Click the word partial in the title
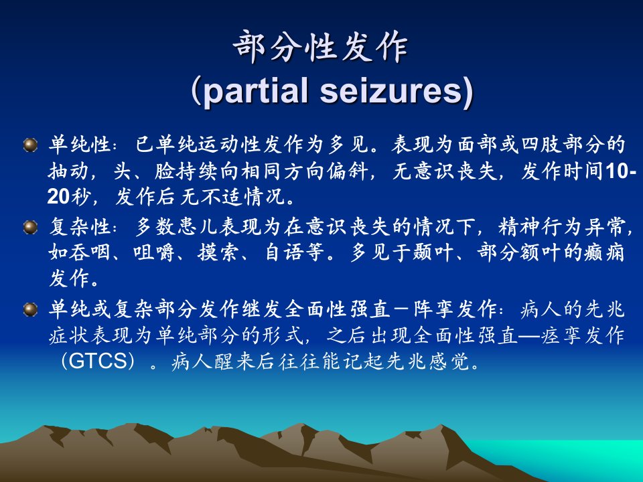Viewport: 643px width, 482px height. (x=255, y=91)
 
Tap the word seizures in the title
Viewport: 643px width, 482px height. (x=392, y=91)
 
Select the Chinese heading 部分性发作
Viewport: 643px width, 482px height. (x=320, y=46)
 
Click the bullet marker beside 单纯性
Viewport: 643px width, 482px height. (x=30, y=145)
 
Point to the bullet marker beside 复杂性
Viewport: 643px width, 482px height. (x=30, y=227)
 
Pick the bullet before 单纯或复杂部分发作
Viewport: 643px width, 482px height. (x=30, y=309)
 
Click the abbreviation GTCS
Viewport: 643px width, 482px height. (x=98, y=361)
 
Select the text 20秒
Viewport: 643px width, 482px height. (x=68, y=197)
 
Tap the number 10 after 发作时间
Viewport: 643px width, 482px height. (x=616, y=171)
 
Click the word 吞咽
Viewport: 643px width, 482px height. (x=90, y=252)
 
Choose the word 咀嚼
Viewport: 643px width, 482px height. (x=154, y=252)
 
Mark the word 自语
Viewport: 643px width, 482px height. (x=283, y=252)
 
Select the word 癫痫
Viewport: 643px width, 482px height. (x=603, y=252)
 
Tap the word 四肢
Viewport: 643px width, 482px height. (x=541, y=145)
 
